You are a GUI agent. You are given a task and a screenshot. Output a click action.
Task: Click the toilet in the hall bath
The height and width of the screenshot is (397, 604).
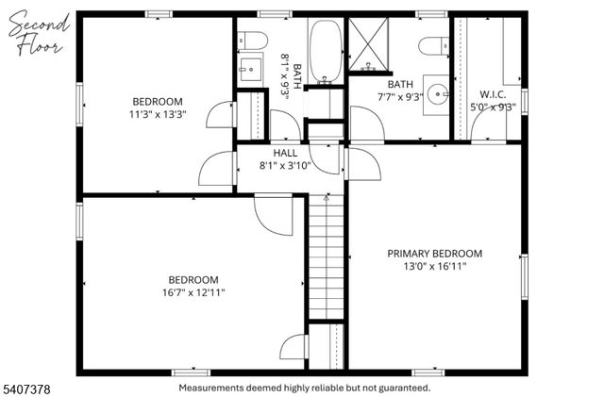(x=250, y=41)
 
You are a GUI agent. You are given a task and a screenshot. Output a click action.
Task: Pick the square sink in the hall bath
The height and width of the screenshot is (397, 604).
(x=251, y=70)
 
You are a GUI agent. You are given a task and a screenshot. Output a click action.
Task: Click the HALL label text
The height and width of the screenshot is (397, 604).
(x=285, y=153)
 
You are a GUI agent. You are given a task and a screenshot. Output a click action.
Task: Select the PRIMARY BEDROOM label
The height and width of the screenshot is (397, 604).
(x=435, y=254)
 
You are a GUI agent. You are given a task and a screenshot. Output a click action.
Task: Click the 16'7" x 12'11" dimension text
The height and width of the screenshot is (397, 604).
(x=193, y=293)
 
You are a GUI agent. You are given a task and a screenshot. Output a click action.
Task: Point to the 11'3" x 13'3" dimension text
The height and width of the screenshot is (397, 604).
(x=158, y=115)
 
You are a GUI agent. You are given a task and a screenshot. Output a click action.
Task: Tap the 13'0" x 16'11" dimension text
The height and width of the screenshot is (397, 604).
(x=435, y=267)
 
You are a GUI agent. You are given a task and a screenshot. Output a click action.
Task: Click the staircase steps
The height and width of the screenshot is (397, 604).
(x=327, y=264)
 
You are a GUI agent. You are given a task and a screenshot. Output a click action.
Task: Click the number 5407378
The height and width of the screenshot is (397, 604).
(x=29, y=387)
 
